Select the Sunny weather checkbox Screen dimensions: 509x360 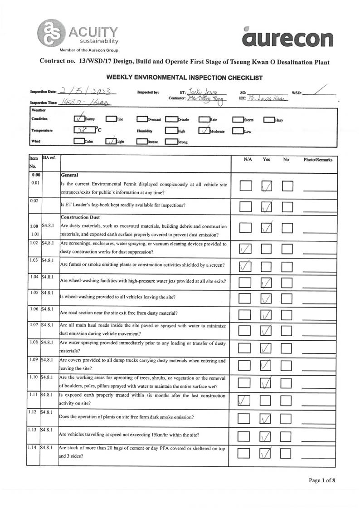pyautogui.click(x=79, y=119)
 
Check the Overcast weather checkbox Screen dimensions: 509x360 pyautogui.click(x=142, y=119)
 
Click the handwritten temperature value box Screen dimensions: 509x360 pyautogui.click(x=83, y=131)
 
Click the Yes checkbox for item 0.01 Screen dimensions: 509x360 pyautogui.click(x=268, y=186)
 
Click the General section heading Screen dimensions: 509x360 pyautogui.click(x=70, y=175)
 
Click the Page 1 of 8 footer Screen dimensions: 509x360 pyautogui.click(x=322, y=480)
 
